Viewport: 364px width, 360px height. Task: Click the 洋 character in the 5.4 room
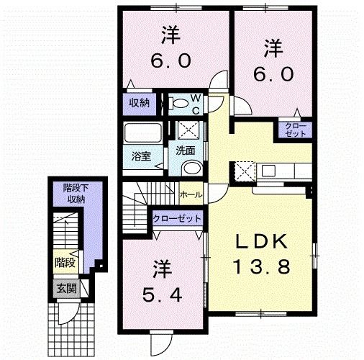click(x=164, y=269)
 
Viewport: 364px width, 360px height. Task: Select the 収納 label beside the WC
click(x=140, y=103)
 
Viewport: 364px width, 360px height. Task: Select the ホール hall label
click(x=190, y=194)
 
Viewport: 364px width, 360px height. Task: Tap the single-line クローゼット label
click(x=176, y=218)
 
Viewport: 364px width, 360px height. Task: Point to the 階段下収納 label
click(x=72, y=193)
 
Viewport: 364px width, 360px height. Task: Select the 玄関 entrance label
click(x=66, y=289)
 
